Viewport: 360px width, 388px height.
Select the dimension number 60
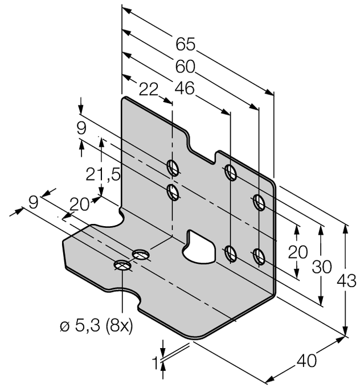click(x=185, y=67)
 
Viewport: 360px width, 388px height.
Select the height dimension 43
click(x=347, y=280)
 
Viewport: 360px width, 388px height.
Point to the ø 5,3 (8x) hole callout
click(x=97, y=327)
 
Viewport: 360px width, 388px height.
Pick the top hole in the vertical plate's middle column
click(x=231, y=172)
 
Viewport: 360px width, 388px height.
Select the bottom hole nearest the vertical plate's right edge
click(x=259, y=256)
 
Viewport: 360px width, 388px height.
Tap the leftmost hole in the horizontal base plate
click(x=122, y=265)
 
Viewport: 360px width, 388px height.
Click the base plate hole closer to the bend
click(x=140, y=254)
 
